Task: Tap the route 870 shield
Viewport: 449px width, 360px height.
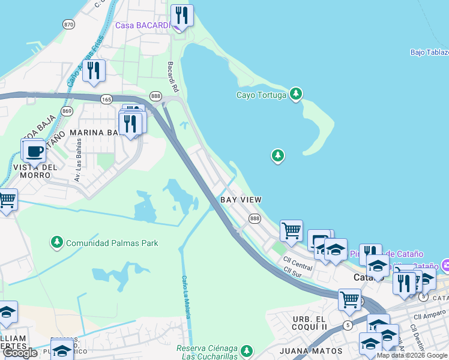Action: (x=68, y=24)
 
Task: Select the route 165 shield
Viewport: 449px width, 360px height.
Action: (x=107, y=99)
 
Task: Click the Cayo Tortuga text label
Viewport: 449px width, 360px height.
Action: (x=261, y=95)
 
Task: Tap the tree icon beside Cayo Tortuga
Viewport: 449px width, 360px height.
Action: (x=295, y=94)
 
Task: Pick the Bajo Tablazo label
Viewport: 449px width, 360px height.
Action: (x=429, y=52)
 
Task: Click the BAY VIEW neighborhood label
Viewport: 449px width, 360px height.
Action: (x=241, y=199)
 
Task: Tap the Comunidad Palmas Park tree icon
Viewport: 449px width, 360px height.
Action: (x=56, y=242)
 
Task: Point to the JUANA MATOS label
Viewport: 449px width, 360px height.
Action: (x=311, y=350)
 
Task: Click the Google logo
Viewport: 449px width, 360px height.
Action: (x=20, y=353)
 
